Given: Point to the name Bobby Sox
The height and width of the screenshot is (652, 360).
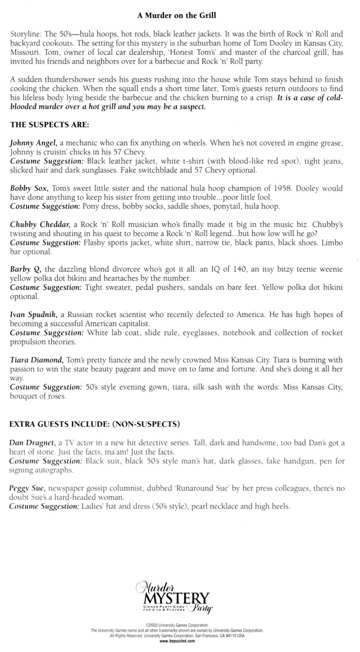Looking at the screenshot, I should [x=29, y=187].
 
